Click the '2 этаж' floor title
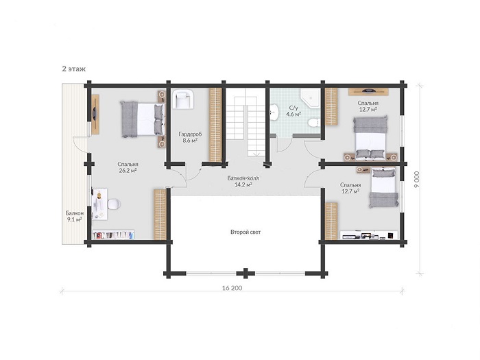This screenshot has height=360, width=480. (x=74, y=69)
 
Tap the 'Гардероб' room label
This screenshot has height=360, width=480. (x=190, y=134)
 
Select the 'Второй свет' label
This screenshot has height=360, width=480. (x=245, y=232)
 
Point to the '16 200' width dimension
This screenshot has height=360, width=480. (x=232, y=288)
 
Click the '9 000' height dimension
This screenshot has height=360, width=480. (x=417, y=180)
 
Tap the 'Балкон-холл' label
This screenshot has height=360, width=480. (x=243, y=178)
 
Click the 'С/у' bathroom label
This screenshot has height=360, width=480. (x=293, y=108)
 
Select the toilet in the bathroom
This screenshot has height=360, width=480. (x=314, y=123)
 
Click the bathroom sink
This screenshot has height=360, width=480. (x=274, y=112)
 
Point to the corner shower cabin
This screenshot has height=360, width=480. (x=310, y=98)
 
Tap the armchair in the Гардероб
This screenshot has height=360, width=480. (x=183, y=99)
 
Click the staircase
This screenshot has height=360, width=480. (x=245, y=126)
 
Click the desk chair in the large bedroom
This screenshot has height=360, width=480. (x=114, y=204)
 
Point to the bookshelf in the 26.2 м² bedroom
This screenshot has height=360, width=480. (x=114, y=235)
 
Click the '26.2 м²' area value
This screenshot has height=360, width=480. (x=128, y=171)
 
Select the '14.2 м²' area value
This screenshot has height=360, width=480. (x=243, y=184)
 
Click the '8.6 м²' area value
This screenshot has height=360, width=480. (x=190, y=141)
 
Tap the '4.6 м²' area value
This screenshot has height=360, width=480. (x=293, y=115)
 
